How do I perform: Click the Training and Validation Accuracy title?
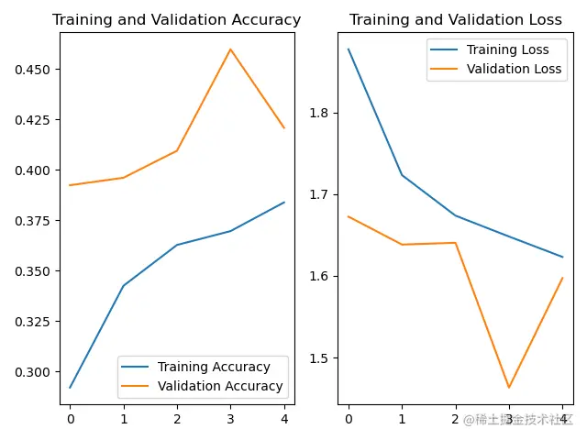[x=176, y=20]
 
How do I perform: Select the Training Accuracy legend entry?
[x=214, y=368]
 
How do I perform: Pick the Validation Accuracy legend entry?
[x=220, y=386]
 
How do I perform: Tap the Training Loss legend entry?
[x=507, y=49]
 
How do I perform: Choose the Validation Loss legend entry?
[x=514, y=69]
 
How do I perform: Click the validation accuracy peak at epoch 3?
[x=230, y=49]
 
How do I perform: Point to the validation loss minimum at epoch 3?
[x=509, y=388]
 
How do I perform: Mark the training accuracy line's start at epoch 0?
[x=70, y=388]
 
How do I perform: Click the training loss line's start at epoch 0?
[x=349, y=49]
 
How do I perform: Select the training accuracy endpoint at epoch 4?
[x=284, y=203]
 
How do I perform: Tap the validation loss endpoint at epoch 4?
[x=562, y=278]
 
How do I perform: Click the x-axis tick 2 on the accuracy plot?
[x=177, y=419]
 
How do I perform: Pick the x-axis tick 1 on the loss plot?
[x=402, y=419]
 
